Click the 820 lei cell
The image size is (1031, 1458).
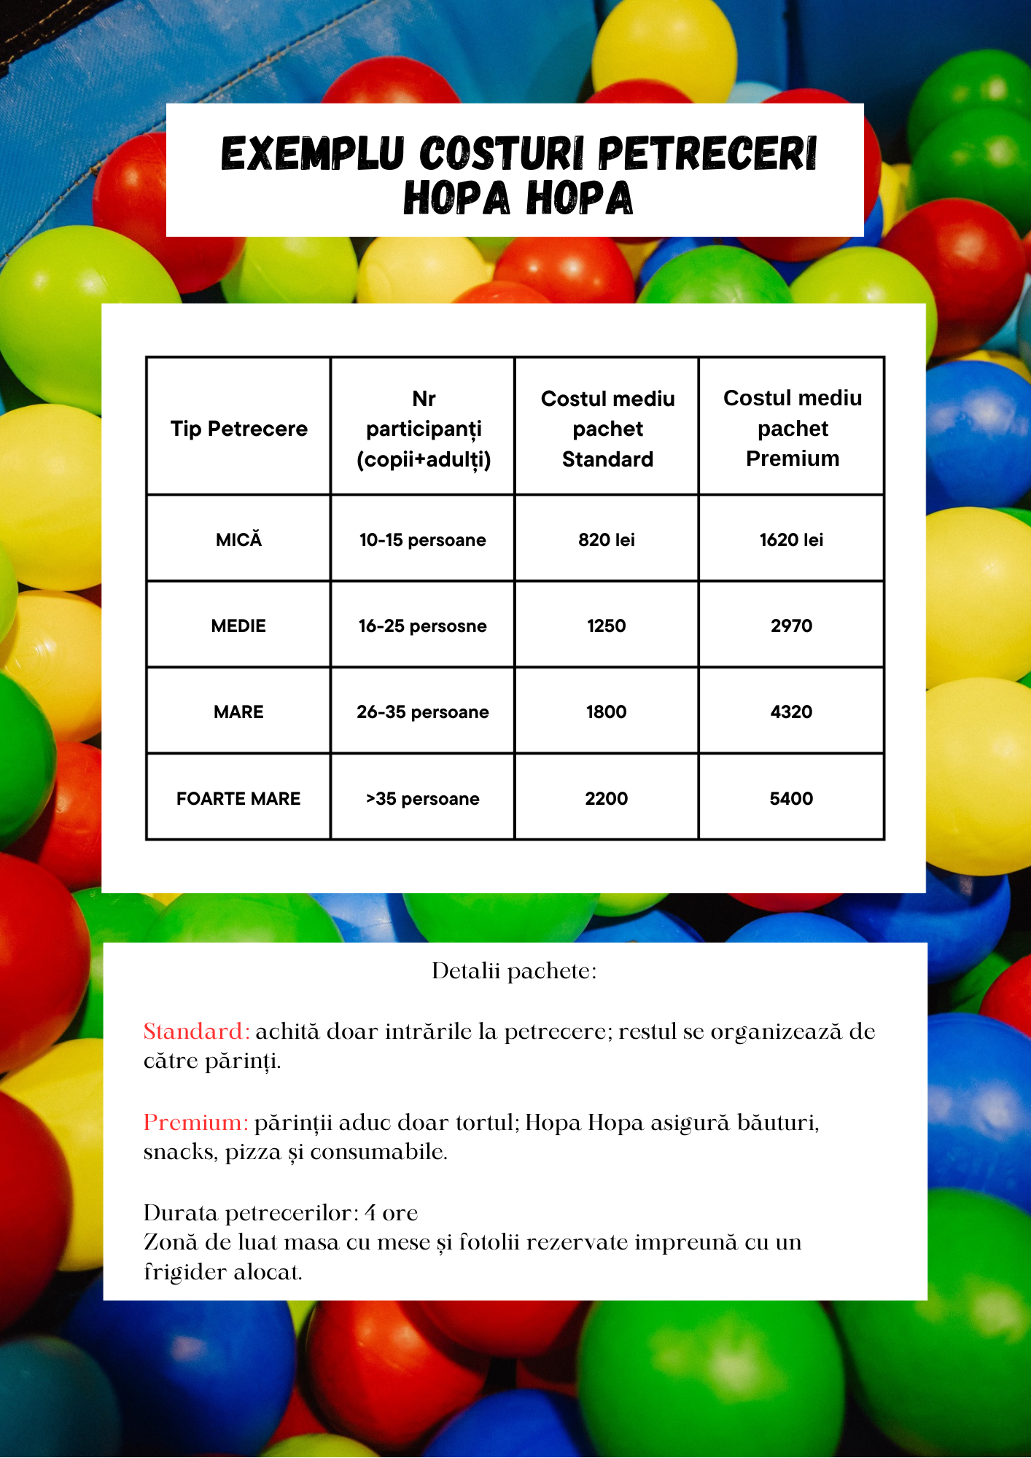[x=606, y=539]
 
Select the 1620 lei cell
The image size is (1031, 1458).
[x=791, y=539]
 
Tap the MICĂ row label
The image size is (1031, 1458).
[x=238, y=539]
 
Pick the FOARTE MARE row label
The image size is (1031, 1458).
[x=238, y=798]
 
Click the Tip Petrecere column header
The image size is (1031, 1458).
[x=238, y=429]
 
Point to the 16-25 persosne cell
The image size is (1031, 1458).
[x=422, y=625]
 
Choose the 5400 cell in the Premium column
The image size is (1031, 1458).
[x=791, y=798]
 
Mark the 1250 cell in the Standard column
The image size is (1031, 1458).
[x=606, y=625]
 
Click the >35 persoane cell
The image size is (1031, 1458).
[x=422, y=798]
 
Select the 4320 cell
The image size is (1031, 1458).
[x=791, y=712]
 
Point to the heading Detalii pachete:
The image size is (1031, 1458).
[x=514, y=971]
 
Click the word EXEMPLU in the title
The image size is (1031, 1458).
[x=312, y=154]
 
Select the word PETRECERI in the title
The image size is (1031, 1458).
[x=707, y=154]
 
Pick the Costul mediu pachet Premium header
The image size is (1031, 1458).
[x=792, y=428]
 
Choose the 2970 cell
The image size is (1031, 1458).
[x=791, y=625]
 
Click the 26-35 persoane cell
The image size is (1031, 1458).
[x=422, y=712]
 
